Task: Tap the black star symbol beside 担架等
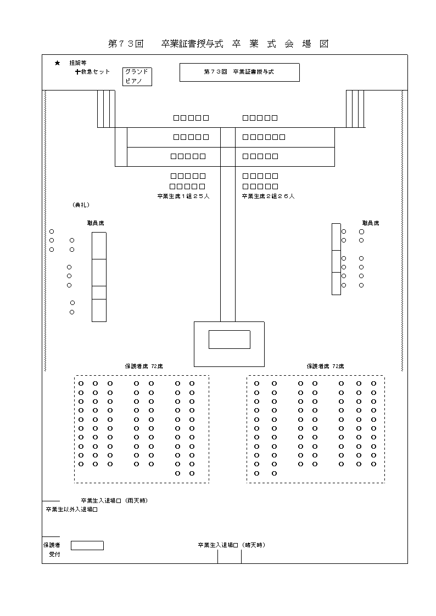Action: click(57, 64)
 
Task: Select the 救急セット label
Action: click(96, 72)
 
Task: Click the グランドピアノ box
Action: click(137, 76)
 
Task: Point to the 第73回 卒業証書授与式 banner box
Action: click(239, 72)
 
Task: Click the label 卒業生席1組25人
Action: click(183, 196)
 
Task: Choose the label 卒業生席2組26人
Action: click(268, 196)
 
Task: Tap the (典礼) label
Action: click(81, 205)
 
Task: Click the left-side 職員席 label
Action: click(96, 223)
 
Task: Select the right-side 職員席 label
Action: click(370, 223)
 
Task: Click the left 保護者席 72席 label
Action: click(144, 366)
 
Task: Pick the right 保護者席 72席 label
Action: click(326, 366)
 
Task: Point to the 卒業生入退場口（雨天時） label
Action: click(114, 501)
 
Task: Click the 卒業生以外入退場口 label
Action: click(71, 510)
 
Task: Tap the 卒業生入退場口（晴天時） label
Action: click(231, 545)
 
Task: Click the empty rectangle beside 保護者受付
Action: click(87, 545)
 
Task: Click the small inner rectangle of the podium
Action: click(229, 340)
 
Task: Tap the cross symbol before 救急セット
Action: click(77, 72)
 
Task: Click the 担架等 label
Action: click(77, 64)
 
